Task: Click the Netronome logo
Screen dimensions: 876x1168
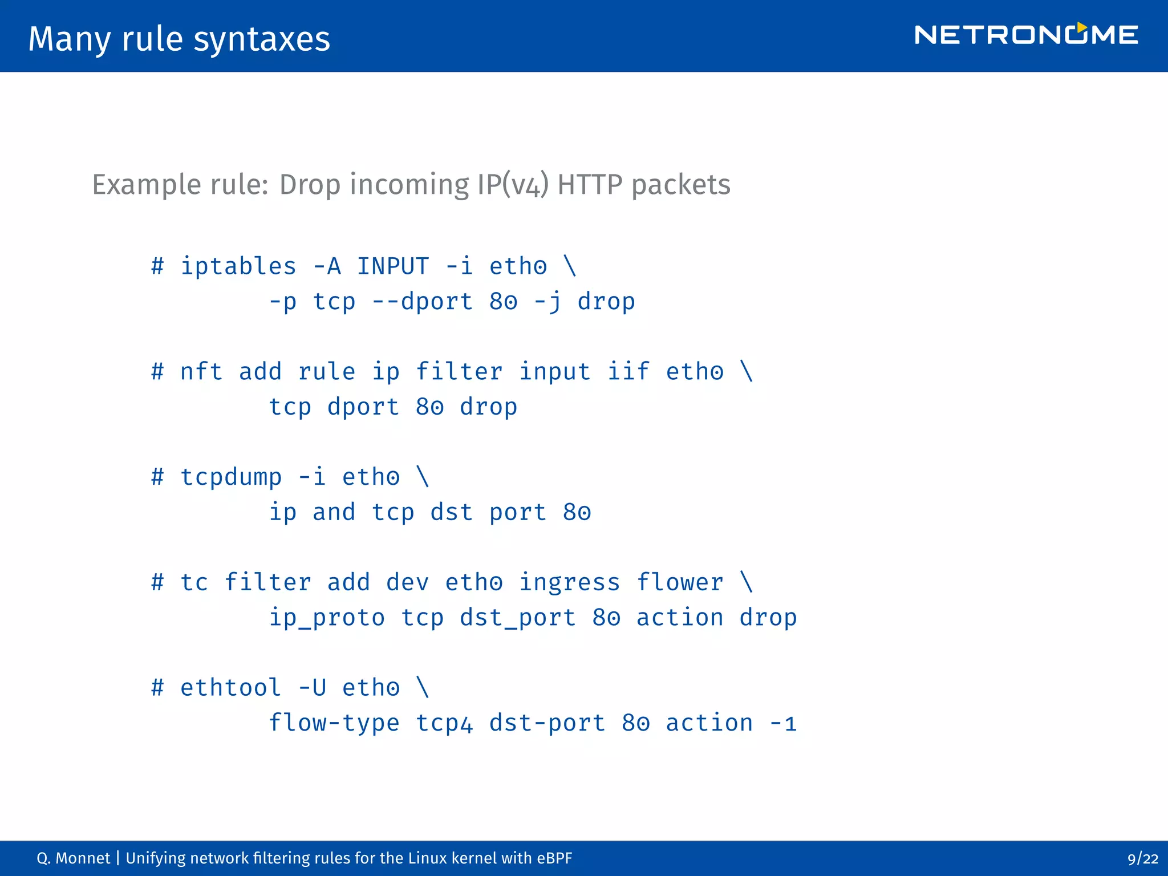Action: click(1026, 35)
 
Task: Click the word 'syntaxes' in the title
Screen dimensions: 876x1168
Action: click(262, 39)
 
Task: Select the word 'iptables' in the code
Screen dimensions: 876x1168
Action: click(238, 267)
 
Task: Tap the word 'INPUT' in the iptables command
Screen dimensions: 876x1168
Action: click(392, 267)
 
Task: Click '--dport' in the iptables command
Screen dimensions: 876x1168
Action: click(422, 302)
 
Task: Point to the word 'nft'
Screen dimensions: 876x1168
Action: click(201, 372)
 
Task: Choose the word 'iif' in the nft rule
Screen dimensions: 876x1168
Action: click(628, 372)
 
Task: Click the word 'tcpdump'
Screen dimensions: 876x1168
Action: click(231, 477)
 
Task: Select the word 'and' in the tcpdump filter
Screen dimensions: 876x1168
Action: click(334, 512)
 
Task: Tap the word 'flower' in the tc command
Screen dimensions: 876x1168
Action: click(680, 583)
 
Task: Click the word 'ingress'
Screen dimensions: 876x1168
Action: click(569, 583)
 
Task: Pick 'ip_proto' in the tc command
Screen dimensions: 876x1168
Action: click(327, 618)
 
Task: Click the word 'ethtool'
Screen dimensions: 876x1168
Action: click(231, 688)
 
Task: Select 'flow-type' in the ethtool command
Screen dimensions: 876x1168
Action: click(334, 723)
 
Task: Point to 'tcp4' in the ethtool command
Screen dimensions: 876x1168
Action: click(444, 723)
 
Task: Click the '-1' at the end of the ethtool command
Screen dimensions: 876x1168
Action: click(782, 723)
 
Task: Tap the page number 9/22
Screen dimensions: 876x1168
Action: click(1142, 859)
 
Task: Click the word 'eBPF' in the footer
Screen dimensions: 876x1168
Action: click(554, 858)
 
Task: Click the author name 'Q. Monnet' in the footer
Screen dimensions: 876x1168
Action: click(73, 858)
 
